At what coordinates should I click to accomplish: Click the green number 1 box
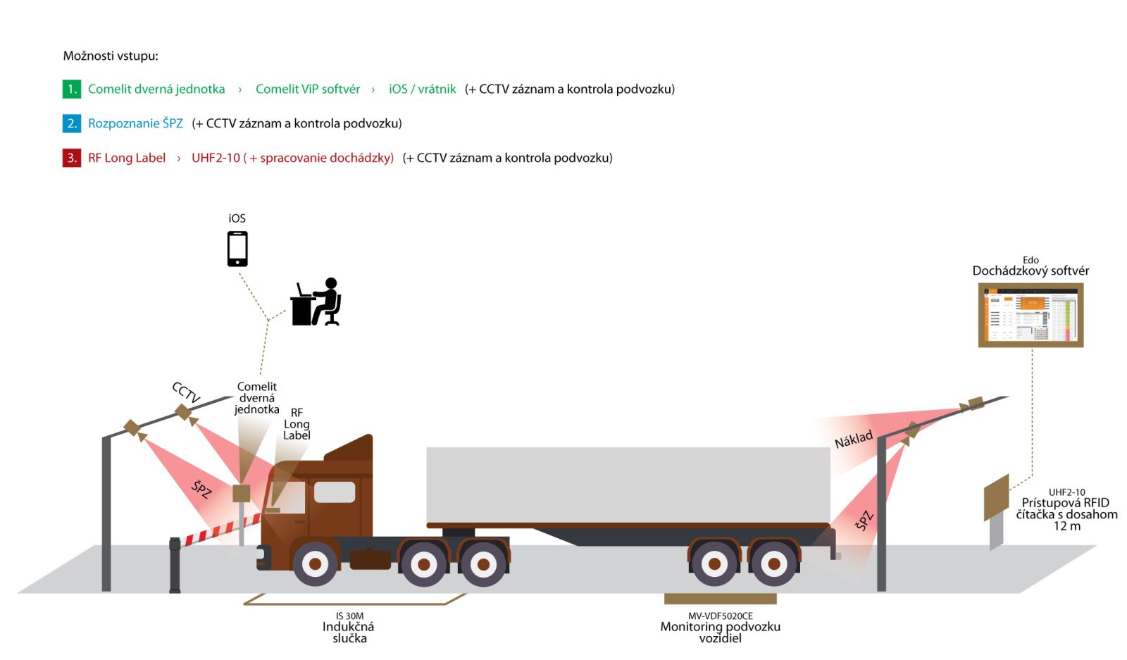pyautogui.click(x=72, y=89)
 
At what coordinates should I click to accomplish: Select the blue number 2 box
pyautogui.click(x=72, y=124)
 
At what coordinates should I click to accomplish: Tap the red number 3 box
pyautogui.click(x=72, y=158)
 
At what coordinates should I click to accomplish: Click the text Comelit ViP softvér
pyautogui.click(x=307, y=89)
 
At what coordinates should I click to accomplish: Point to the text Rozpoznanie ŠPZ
pyautogui.click(x=135, y=124)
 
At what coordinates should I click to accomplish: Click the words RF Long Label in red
pyautogui.click(x=127, y=158)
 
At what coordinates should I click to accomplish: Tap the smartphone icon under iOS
pyautogui.click(x=237, y=249)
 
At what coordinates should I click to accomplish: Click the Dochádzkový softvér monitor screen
pyautogui.click(x=1031, y=315)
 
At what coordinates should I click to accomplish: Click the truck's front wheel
pyautogui.click(x=315, y=563)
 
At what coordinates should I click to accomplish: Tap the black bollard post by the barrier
pyautogui.click(x=175, y=564)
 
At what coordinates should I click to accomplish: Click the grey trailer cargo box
pyautogui.click(x=627, y=485)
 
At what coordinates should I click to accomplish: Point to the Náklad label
pyautogui.click(x=853, y=440)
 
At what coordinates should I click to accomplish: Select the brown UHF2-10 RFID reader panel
pyautogui.click(x=996, y=497)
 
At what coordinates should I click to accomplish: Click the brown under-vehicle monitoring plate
pyautogui.click(x=720, y=599)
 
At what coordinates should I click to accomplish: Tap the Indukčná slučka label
pyautogui.click(x=349, y=632)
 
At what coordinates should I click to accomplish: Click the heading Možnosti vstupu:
pyautogui.click(x=111, y=56)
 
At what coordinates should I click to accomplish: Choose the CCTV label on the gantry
pyautogui.click(x=186, y=392)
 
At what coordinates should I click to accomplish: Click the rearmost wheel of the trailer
pyautogui.click(x=773, y=563)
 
